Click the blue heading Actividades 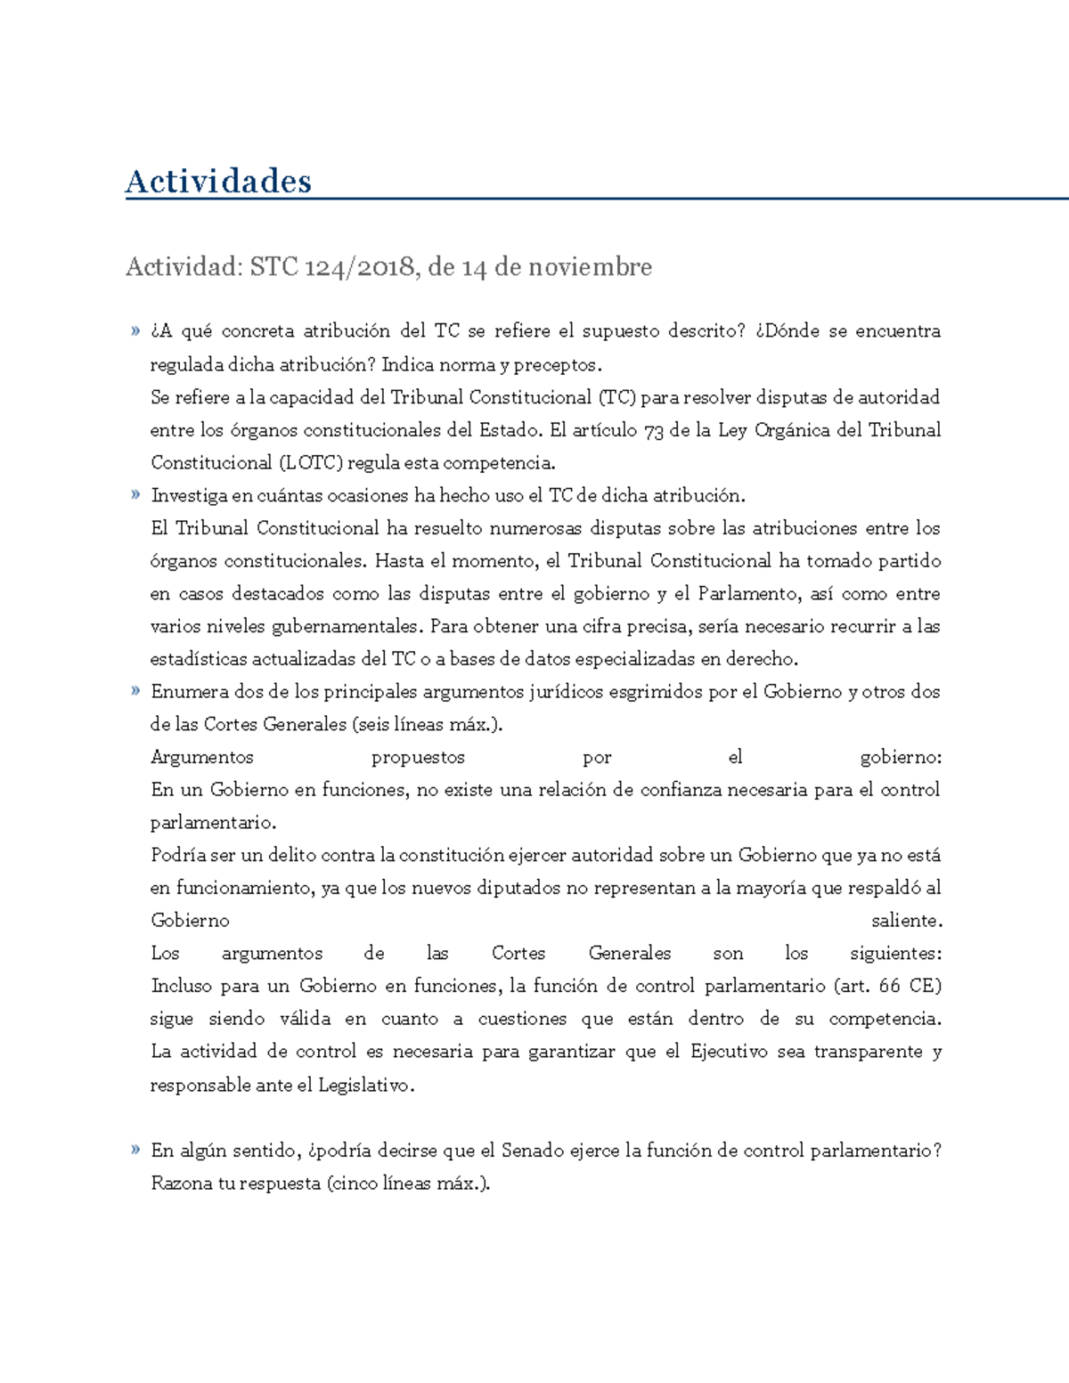click(x=218, y=181)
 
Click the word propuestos click(x=418, y=758)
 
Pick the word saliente click(x=906, y=921)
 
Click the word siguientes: click(x=895, y=954)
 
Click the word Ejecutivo click(x=728, y=1052)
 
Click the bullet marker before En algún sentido click(x=135, y=1150)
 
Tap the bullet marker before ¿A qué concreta click(x=135, y=331)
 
